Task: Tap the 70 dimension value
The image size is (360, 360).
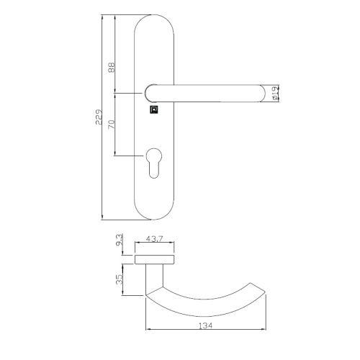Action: point(112,124)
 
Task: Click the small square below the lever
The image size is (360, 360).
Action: point(153,110)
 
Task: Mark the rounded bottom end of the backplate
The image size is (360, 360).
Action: point(153,212)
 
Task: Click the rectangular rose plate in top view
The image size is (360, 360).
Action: point(155,258)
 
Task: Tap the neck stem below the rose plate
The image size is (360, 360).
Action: point(153,277)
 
